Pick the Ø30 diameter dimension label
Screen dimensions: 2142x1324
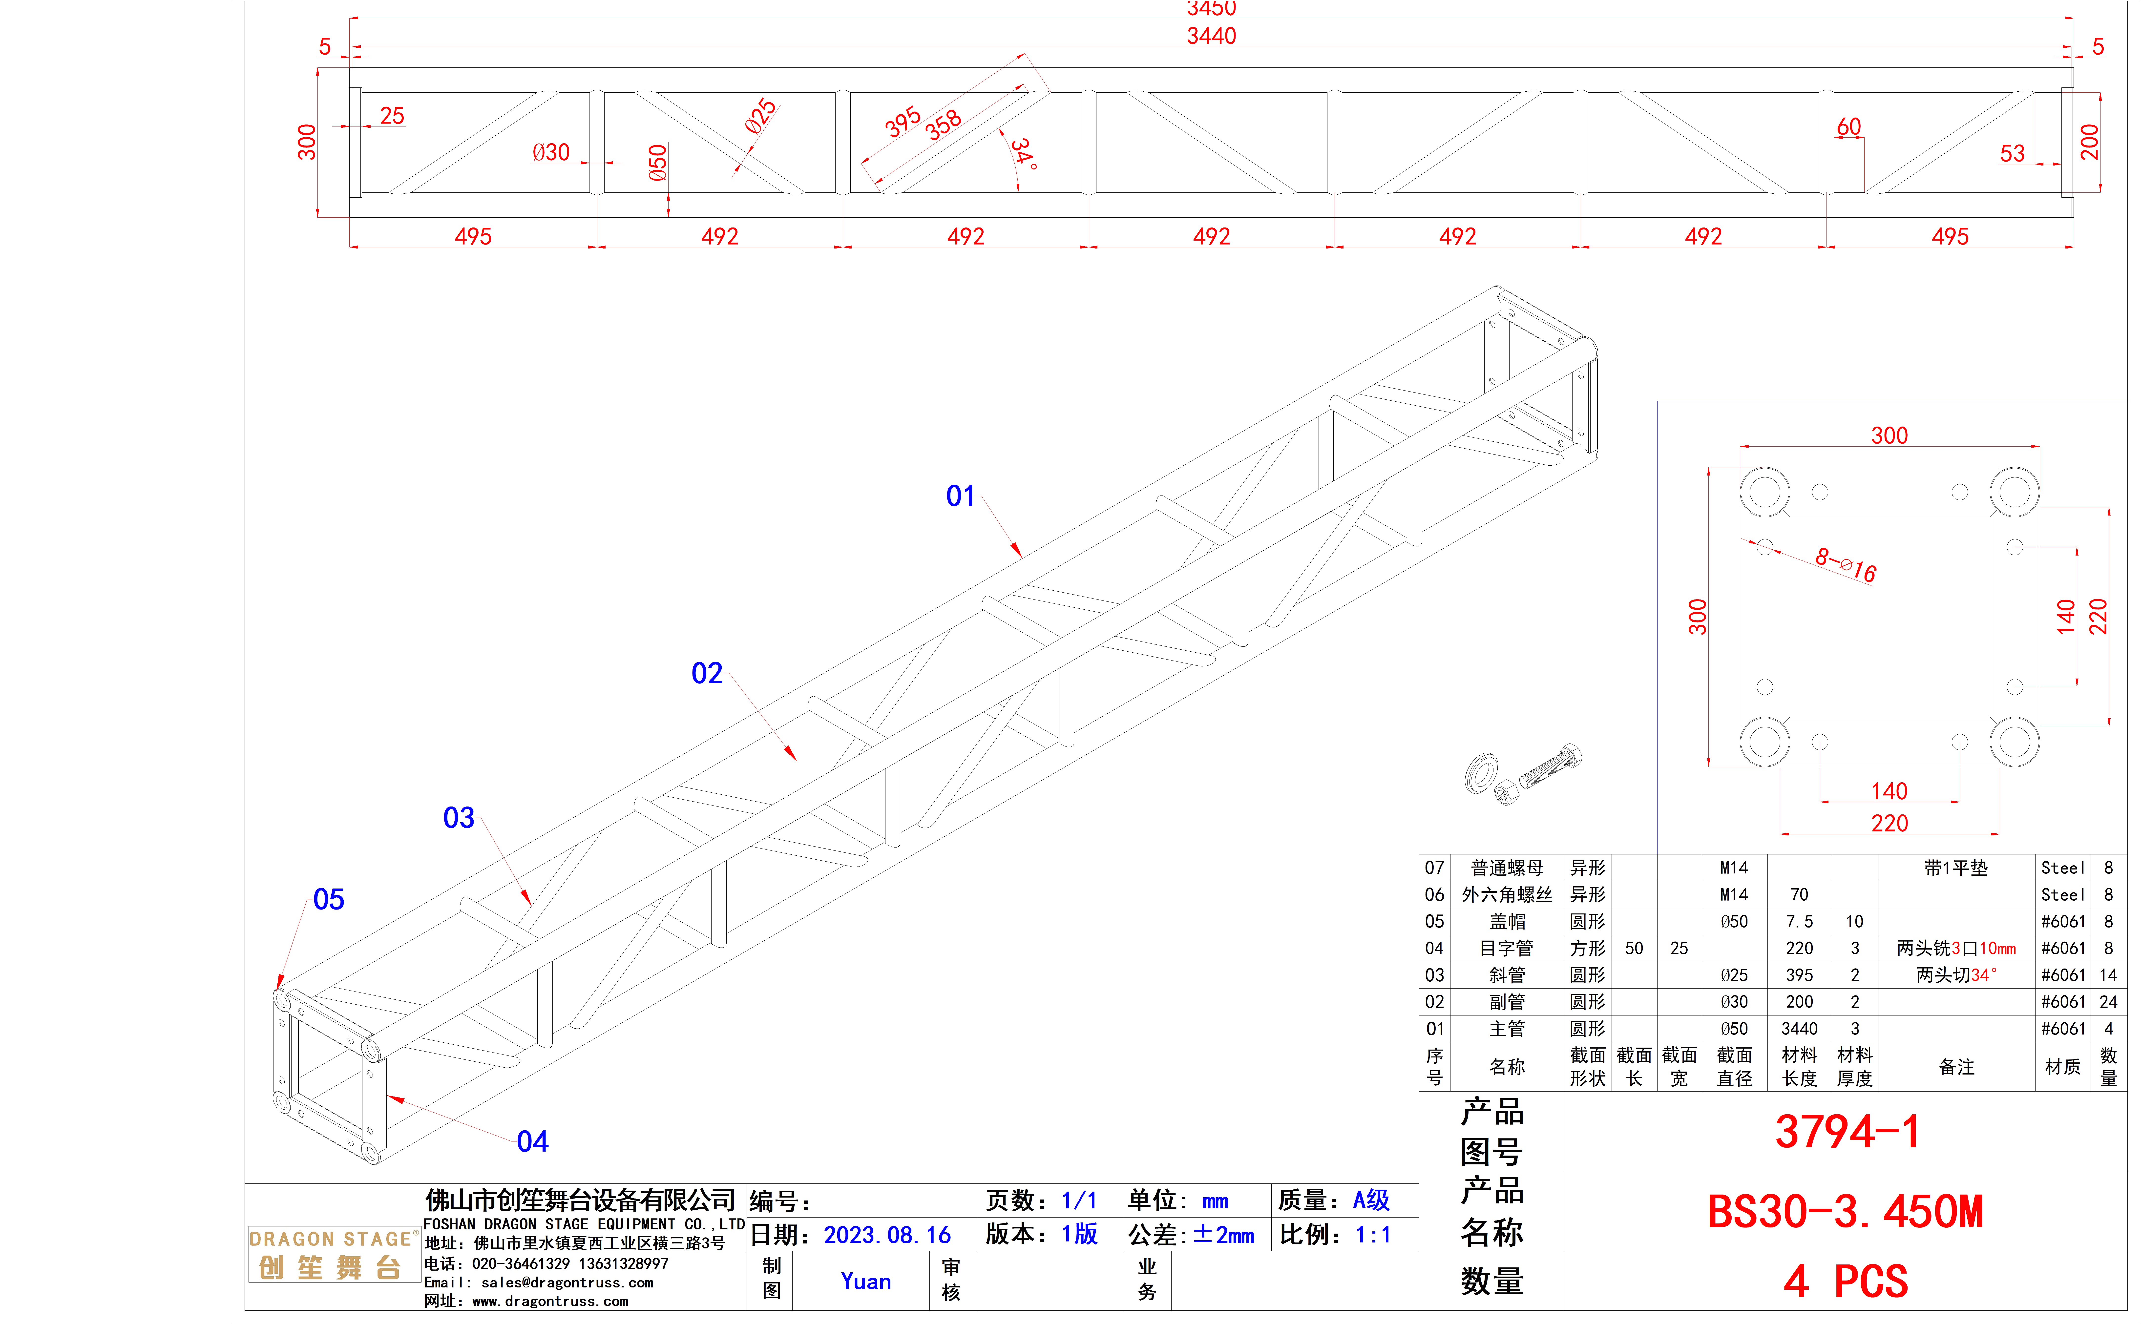551,152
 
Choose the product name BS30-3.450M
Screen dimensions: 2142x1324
1845,1212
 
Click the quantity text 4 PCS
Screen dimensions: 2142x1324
1845,1281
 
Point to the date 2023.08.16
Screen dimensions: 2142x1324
887,1235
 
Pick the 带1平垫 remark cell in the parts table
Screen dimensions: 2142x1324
1955,868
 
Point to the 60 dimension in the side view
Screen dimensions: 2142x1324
1849,127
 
